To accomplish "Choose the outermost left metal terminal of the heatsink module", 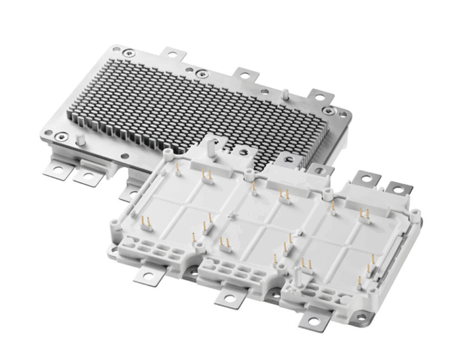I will (x=56, y=171).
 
